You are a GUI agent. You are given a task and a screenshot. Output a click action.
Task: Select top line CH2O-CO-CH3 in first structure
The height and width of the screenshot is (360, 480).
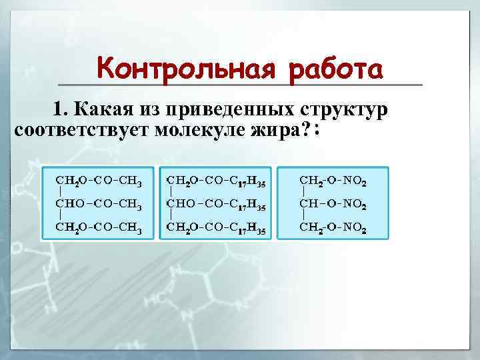[99, 180]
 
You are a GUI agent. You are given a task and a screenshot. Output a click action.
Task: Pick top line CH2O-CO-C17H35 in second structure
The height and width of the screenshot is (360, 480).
[217, 180]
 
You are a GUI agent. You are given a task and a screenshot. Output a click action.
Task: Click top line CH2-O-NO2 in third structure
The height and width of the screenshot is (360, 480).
[333, 180]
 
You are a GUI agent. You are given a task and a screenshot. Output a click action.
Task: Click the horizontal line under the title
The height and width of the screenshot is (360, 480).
[241, 85]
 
